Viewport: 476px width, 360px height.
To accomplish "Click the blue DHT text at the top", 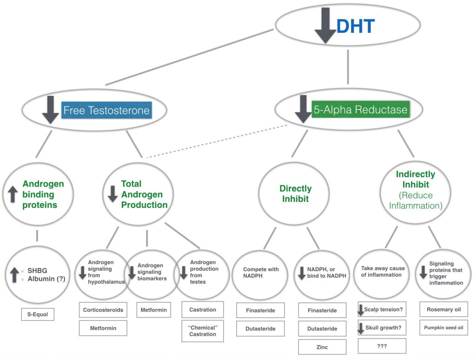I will click(355, 27).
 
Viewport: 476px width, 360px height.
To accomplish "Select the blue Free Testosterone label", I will click(106, 110).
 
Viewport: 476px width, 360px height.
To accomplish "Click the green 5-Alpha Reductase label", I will click(360, 110).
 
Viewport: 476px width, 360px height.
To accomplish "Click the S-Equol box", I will click(38, 315).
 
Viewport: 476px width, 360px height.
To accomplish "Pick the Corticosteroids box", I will click(103, 310).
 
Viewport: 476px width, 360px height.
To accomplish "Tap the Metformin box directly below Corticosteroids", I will click(103, 328).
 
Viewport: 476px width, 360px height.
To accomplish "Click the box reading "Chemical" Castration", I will click(202, 331).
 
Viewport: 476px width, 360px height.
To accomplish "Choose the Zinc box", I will click(322, 347).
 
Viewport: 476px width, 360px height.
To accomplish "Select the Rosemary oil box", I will click(444, 310).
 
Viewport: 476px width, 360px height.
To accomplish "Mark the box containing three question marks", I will click(382, 346).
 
